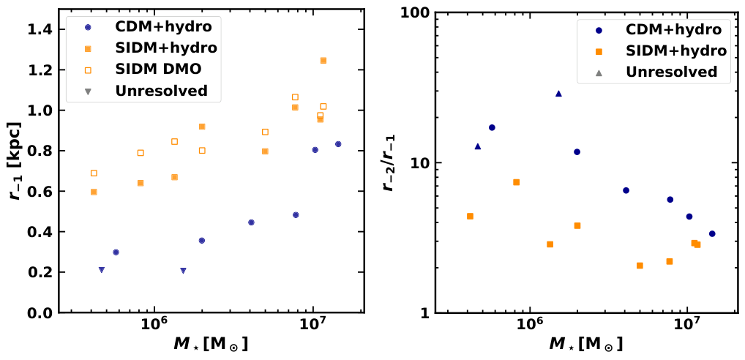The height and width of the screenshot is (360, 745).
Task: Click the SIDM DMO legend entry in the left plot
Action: pos(160,70)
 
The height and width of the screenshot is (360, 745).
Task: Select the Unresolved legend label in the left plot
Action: pos(160,91)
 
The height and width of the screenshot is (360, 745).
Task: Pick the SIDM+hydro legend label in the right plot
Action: pos(676,50)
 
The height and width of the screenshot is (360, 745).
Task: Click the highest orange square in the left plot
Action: pos(323,61)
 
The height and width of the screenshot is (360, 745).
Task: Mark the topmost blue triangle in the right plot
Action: pos(558,94)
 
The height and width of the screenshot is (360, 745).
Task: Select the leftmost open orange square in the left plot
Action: pos(94,173)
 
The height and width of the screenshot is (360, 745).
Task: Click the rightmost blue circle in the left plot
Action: pos(338,144)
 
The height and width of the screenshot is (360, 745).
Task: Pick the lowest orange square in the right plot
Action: pos(640,266)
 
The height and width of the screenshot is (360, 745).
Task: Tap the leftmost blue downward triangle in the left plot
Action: pos(102,270)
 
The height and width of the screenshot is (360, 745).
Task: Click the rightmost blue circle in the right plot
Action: pos(712,234)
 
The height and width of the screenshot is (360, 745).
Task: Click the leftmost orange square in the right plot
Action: pos(470,217)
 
